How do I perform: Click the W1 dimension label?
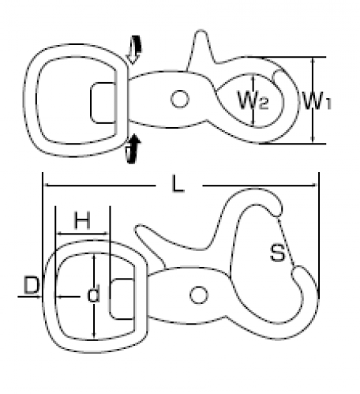pos(317,101)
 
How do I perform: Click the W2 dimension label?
pos(253,100)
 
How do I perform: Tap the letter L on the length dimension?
pos(178,184)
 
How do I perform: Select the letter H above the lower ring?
pos(82,220)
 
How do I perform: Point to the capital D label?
pos(32,285)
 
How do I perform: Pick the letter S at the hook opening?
pos(278,253)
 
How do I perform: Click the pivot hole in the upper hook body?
pos(180,99)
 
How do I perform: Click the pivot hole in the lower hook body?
pos(199,295)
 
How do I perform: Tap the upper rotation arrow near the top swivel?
pos(134,50)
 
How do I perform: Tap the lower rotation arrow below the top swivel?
pos(133,149)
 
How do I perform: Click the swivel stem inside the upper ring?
pos(103,103)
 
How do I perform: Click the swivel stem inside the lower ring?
pos(122,298)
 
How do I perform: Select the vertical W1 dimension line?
pos(313,100)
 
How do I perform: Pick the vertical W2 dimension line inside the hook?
pos(253,100)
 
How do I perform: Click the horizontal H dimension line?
pos(83,234)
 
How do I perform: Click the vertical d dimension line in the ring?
pos(94,297)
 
